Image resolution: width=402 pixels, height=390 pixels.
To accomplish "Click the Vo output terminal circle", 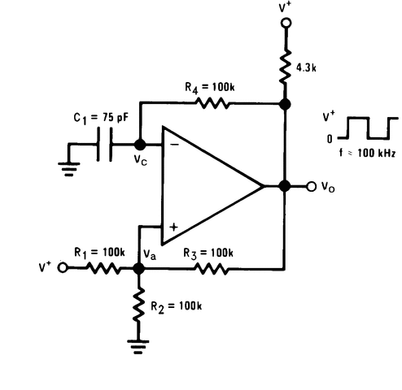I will pyautogui.click(x=311, y=186).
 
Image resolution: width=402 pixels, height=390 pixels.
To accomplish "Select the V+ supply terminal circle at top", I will pyautogui.click(x=285, y=24).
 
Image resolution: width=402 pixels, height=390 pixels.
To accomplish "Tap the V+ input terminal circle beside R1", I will pyautogui.click(x=60, y=266).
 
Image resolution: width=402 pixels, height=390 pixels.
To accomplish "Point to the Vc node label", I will pyautogui.click(x=142, y=160).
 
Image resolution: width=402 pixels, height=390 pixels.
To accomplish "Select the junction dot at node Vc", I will pyautogui.click(x=138, y=144).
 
